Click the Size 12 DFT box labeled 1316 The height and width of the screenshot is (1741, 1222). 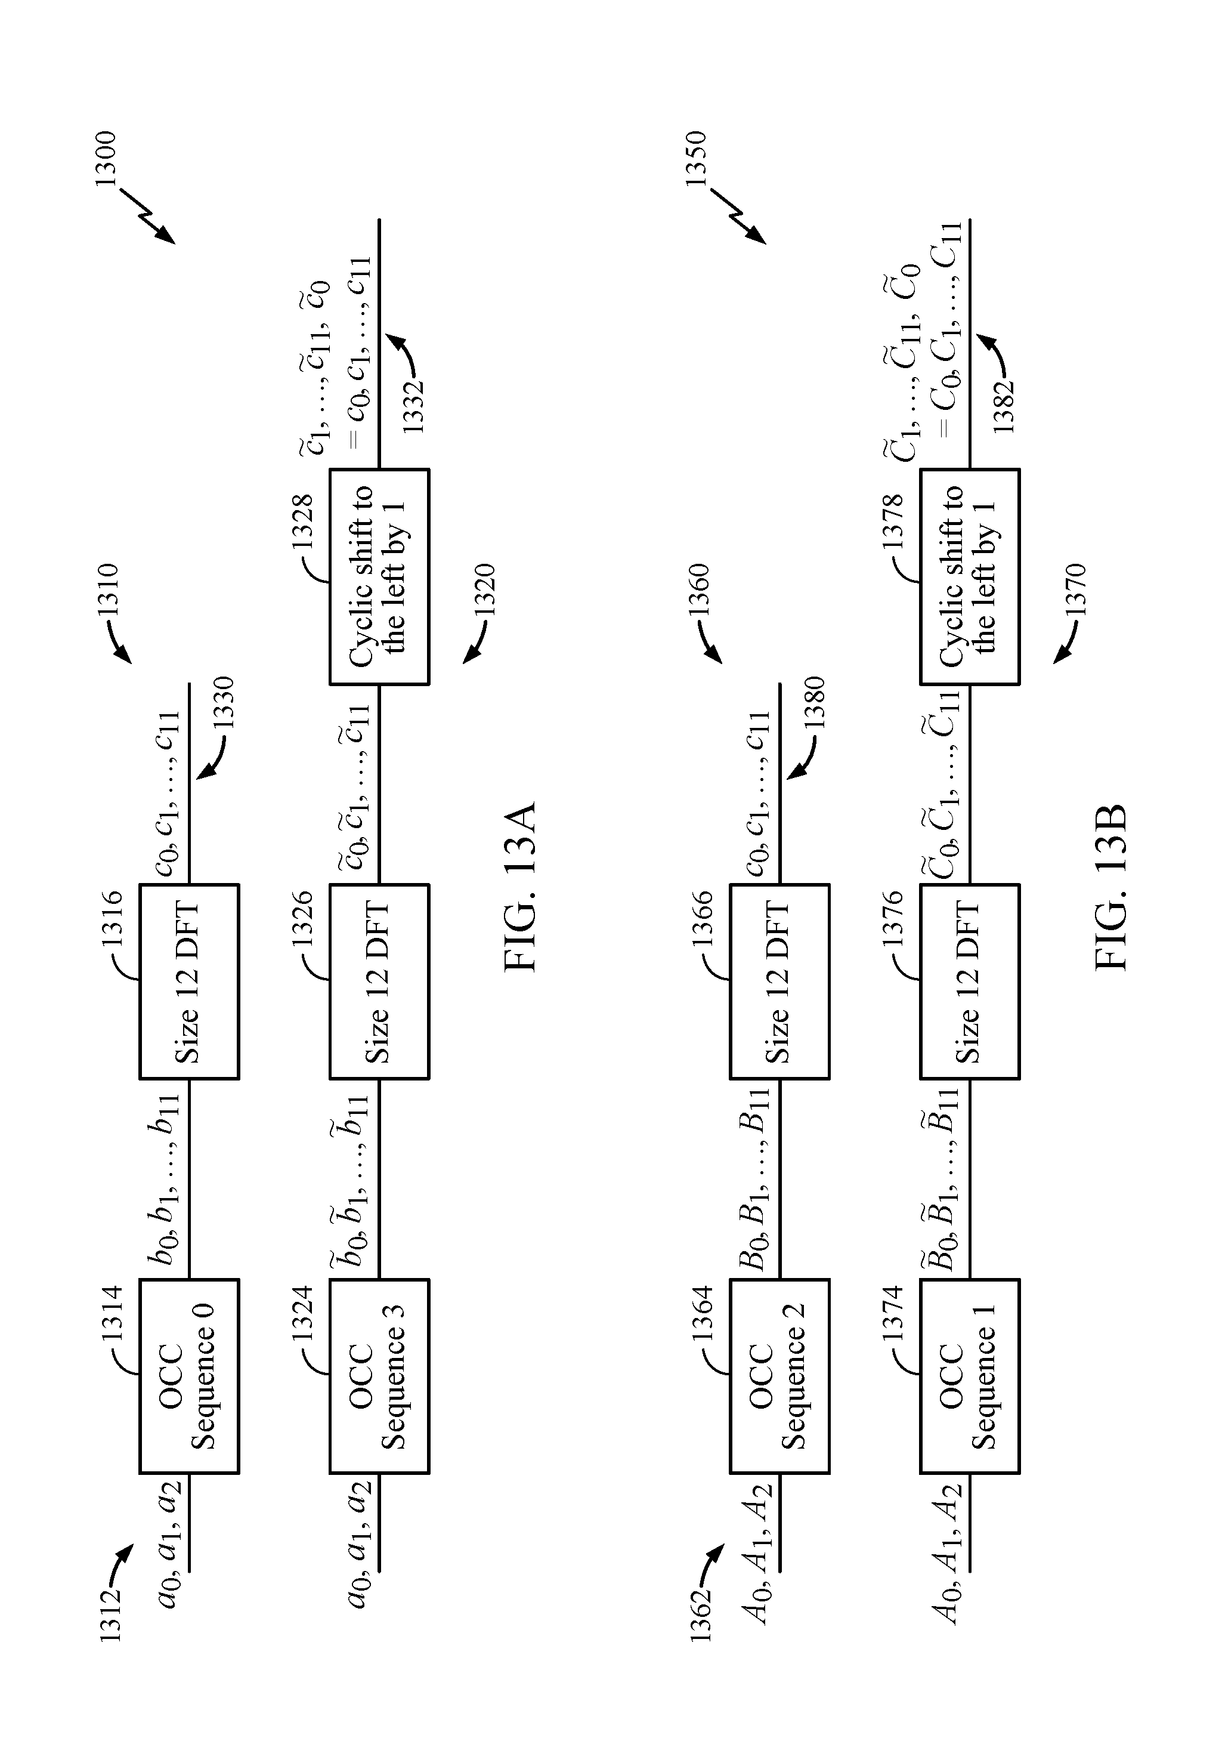coord(190,981)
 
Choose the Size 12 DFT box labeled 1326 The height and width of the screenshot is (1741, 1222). coord(379,981)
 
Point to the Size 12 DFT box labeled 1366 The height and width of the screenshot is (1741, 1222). coord(780,981)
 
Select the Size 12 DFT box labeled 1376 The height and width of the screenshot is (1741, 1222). coord(970,981)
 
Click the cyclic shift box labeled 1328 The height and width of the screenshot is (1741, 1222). coord(379,577)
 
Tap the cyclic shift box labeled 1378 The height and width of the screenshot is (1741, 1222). coord(970,577)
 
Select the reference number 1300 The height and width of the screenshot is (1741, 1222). coord(106,159)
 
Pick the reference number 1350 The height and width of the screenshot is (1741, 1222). coord(696,159)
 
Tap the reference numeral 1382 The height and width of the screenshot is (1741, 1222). coord(1003,406)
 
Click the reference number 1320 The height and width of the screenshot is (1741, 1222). coord(484,590)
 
